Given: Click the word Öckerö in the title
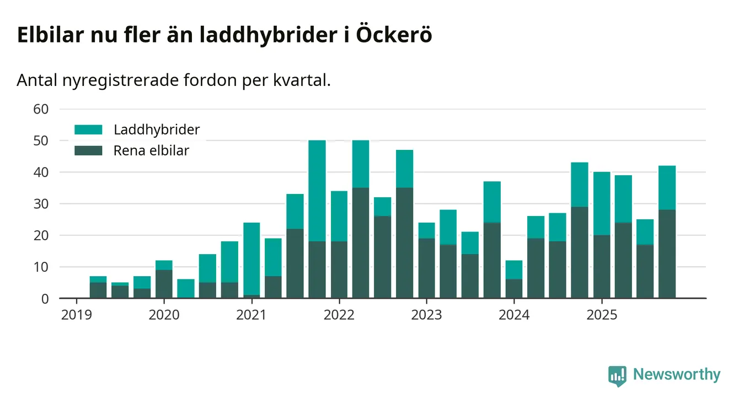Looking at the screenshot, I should pos(394,35).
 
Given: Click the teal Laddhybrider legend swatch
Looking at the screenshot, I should pos(88,130).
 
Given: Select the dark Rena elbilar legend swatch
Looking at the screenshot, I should pos(88,150).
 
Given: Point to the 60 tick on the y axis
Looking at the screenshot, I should pos(42,109).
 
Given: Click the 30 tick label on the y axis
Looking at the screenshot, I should pos(42,204).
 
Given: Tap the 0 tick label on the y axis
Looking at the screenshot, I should pos(45,299).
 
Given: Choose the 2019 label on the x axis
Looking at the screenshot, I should pos(76,315).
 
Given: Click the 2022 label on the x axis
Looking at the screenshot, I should pos(339,315).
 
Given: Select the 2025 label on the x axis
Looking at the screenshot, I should pos(601,315).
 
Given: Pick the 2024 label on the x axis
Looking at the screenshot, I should pos(513,315).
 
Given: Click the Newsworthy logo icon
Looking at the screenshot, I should pos(617,375).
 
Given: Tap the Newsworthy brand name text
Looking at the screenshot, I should pos(677,375).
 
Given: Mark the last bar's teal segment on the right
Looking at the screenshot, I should pos(667,187).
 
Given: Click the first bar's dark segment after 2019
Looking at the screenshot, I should pos(98,290).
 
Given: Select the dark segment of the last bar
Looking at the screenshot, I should pos(667,254).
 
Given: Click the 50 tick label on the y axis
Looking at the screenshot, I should pos(42,141).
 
